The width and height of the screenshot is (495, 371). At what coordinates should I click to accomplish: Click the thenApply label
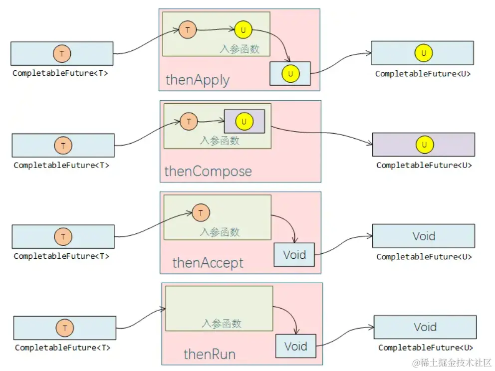[x=197, y=80]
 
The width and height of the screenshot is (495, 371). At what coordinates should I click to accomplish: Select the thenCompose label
[x=208, y=172]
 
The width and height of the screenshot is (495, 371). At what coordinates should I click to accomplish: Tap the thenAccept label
[x=208, y=263]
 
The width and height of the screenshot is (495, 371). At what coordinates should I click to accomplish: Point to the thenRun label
[x=209, y=355]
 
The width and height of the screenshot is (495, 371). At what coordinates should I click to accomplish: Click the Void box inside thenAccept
[x=294, y=255]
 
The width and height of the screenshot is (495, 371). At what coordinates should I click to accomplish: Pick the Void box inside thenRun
[x=295, y=346]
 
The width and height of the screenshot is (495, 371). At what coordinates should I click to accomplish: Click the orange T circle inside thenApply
[x=187, y=30]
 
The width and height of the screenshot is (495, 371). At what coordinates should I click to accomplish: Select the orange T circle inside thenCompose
[x=189, y=121]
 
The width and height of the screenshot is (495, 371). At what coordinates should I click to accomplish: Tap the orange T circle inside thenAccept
[x=201, y=213]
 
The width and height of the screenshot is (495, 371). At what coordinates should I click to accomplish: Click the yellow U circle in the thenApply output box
[x=290, y=74]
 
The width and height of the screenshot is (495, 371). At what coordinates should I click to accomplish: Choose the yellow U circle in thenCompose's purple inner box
[x=244, y=121]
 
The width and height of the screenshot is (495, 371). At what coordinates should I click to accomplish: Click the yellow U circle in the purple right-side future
[x=424, y=145]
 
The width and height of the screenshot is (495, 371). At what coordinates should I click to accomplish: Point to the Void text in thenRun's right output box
[x=425, y=327]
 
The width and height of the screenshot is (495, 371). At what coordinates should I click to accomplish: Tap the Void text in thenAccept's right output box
[x=424, y=236]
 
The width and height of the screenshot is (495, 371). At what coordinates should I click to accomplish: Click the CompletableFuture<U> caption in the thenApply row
[x=423, y=74]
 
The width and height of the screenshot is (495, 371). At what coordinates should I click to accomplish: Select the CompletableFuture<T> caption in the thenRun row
[x=62, y=348]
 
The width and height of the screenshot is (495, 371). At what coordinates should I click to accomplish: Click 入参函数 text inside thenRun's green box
[x=222, y=323]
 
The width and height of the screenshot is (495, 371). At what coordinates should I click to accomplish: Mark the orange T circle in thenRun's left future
[x=65, y=328]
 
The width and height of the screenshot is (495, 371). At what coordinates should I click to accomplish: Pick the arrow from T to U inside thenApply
[x=215, y=30]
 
